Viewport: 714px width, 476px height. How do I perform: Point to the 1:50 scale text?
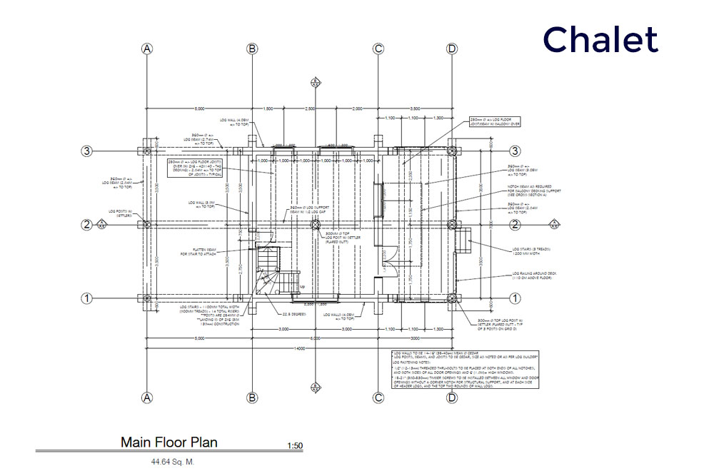click(x=294, y=446)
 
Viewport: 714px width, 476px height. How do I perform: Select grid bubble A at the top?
click(x=148, y=49)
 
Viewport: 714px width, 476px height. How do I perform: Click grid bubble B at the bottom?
click(x=252, y=397)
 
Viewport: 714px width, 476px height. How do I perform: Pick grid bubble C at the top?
click(x=379, y=49)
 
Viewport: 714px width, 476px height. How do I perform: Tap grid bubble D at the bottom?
click(x=451, y=397)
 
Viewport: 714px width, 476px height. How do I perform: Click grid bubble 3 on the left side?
click(x=87, y=151)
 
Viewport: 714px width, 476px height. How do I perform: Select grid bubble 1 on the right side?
click(x=514, y=298)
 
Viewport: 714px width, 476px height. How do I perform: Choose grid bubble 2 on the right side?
click(x=514, y=224)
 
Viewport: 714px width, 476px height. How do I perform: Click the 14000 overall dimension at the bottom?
click(x=299, y=348)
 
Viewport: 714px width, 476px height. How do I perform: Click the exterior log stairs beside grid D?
click(x=463, y=240)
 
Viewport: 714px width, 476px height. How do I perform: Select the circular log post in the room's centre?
click(x=316, y=224)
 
